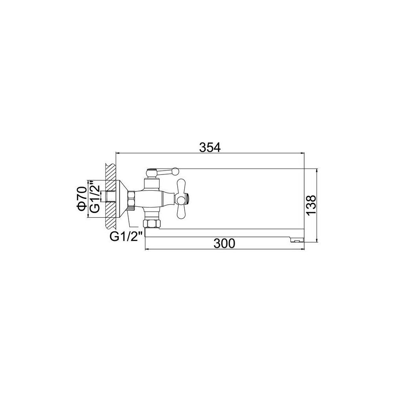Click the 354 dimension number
click(x=210, y=147)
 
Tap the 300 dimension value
click(x=224, y=243)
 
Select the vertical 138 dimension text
click(x=312, y=205)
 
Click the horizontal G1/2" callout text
click(x=127, y=236)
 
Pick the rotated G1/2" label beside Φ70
click(x=95, y=197)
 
